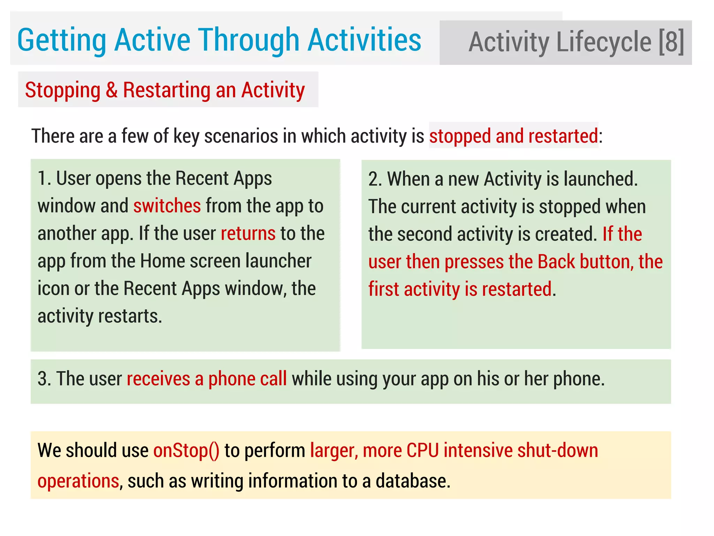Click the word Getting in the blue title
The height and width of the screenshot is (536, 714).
(x=61, y=40)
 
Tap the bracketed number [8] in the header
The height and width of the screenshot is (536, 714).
(x=671, y=42)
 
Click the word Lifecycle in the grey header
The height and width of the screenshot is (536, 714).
(x=603, y=42)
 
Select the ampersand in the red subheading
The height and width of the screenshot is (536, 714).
(x=112, y=90)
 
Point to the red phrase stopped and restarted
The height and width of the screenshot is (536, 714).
(x=513, y=136)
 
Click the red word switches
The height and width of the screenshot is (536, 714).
(x=167, y=206)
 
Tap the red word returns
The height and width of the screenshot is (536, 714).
(x=248, y=233)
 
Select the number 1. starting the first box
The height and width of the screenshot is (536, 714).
(x=44, y=178)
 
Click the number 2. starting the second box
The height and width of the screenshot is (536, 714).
(x=375, y=179)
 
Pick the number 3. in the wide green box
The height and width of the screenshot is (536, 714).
(x=44, y=379)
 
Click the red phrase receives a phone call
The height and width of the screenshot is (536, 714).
(x=206, y=379)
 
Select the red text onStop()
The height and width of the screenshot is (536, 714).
(x=186, y=450)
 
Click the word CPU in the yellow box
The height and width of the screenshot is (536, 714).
(x=422, y=450)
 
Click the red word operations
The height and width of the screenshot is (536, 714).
(x=78, y=481)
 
